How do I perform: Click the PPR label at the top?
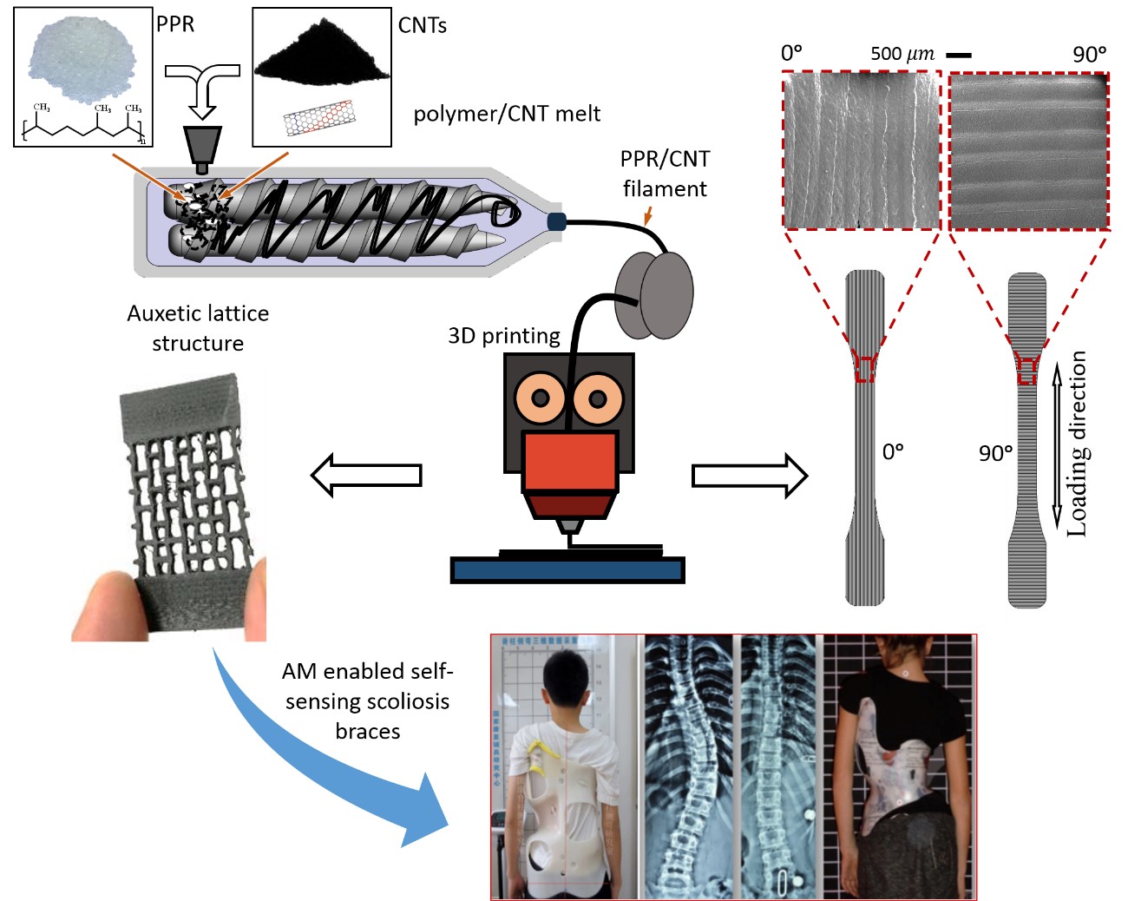175,23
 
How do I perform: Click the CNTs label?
422,25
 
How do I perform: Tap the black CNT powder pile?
321,56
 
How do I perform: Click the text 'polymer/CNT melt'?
507,114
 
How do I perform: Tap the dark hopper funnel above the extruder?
202,142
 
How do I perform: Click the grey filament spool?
654,295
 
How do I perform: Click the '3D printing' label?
503,336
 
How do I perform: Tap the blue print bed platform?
567,570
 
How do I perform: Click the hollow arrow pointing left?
365,475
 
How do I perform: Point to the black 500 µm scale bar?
959,55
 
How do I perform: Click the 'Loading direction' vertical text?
1077,443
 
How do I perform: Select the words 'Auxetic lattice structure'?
198,328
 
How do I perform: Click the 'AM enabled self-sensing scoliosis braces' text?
367,700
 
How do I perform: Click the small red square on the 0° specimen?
864,369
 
